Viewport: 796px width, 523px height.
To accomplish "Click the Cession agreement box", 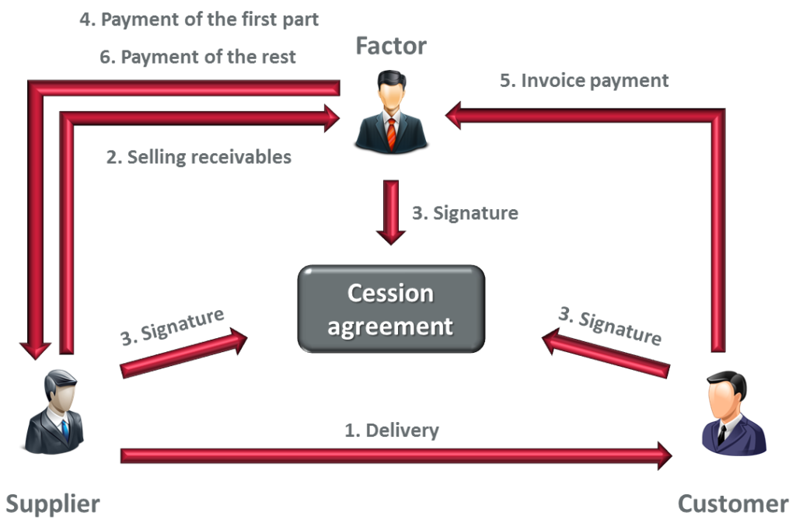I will [390, 309].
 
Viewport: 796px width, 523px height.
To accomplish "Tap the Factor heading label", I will [391, 46].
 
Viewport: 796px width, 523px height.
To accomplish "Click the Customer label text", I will [733, 504].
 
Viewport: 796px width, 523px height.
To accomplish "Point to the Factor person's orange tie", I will [391, 133].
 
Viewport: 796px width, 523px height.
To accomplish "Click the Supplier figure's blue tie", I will [65, 427].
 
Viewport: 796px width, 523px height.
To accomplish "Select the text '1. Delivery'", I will [392, 430].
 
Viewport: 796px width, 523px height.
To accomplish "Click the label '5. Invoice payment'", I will [584, 80].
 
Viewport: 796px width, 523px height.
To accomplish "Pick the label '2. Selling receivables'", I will [199, 157].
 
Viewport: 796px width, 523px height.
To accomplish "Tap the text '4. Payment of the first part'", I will [199, 19].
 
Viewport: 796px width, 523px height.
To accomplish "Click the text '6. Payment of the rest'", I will [198, 58].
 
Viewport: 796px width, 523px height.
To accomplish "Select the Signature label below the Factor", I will [465, 212].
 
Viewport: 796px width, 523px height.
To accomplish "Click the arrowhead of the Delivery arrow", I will [662, 455].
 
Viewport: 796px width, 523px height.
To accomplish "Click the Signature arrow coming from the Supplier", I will [183, 353].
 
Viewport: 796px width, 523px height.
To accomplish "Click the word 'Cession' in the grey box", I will [390, 294].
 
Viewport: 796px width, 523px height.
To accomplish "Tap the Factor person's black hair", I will [390, 78].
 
